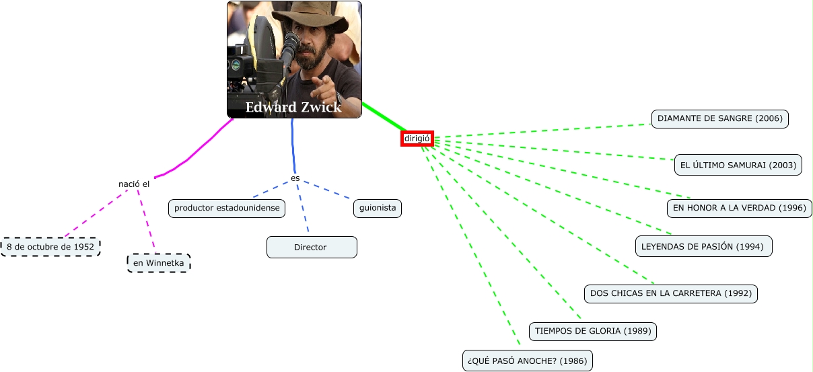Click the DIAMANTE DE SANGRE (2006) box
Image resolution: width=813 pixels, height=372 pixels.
coord(719,118)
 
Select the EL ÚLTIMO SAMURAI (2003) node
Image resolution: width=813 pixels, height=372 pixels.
coord(738,165)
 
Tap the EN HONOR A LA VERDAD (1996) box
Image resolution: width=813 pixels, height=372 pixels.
coord(739,208)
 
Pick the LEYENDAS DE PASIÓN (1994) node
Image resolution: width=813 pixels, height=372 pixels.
coord(703,246)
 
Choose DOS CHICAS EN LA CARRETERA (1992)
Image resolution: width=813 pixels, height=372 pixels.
coord(670,293)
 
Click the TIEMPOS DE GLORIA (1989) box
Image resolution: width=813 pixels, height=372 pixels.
coord(592,331)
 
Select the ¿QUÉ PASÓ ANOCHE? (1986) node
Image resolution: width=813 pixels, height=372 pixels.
coord(527,361)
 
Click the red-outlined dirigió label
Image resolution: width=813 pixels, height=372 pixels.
coord(417,139)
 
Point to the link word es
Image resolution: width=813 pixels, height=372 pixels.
coord(295,178)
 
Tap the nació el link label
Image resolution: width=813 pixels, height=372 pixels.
coord(134,184)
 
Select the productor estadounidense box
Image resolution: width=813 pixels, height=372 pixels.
coord(227,209)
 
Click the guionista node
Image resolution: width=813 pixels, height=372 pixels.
coord(378,209)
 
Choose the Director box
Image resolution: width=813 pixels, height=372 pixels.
coord(311,247)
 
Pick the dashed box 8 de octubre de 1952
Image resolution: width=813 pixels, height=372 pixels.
coord(50,247)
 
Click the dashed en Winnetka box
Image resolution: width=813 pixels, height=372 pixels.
coord(159,263)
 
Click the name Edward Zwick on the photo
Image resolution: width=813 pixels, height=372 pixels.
coord(293,108)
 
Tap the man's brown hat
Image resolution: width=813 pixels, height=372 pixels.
coord(313,17)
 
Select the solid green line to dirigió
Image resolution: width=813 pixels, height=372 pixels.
coord(384,116)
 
